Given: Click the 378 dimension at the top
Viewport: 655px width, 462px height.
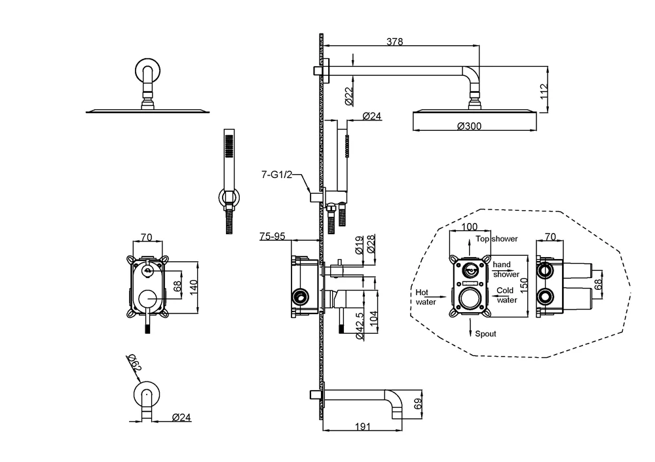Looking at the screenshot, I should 394,41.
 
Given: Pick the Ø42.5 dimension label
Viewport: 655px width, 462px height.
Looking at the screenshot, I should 359,325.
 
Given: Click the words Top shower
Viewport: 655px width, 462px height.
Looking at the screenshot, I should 497,239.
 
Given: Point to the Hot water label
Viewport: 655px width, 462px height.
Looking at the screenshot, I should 426,297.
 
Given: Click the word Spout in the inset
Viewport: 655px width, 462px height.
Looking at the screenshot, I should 485,334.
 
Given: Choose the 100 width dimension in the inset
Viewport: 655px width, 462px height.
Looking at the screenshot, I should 469,227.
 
